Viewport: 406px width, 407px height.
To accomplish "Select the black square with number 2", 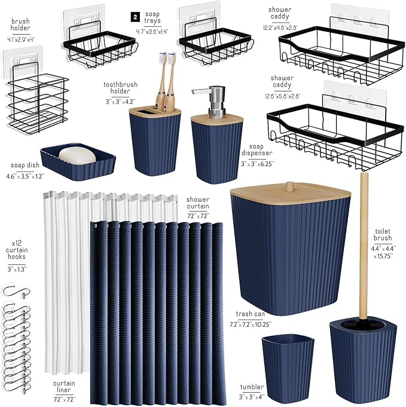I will tap(135, 17).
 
